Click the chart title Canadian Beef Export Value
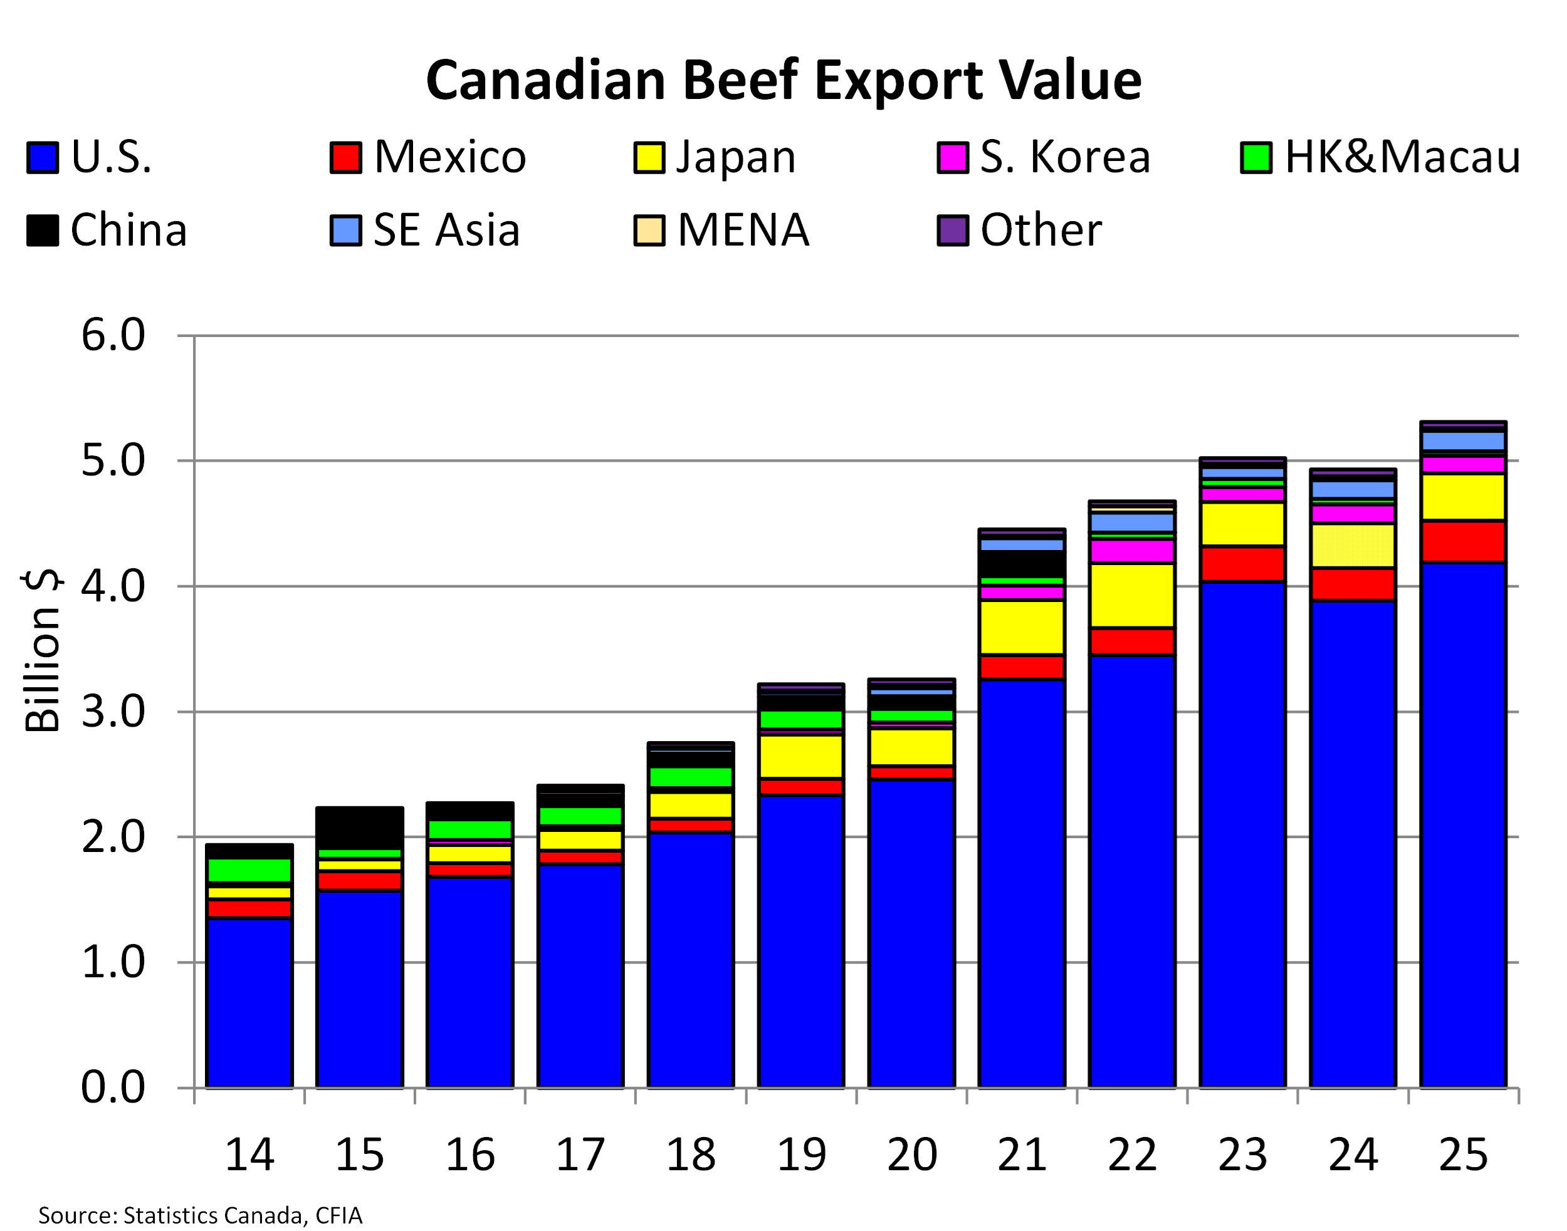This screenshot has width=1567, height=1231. click(783, 80)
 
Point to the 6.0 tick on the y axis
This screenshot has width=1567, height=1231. click(113, 335)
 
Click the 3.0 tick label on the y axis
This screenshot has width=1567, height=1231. click(113, 712)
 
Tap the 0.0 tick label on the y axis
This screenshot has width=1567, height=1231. click(113, 1087)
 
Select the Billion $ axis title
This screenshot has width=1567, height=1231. click(42, 651)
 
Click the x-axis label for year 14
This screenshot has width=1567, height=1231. click(249, 1155)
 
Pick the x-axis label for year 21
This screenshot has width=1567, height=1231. click(1022, 1155)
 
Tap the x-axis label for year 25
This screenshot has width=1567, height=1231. click(1463, 1155)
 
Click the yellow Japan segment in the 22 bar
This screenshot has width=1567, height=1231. click(1132, 595)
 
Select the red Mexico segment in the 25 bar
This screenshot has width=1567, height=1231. click(1463, 541)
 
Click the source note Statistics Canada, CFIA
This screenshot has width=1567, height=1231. click(201, 1215)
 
